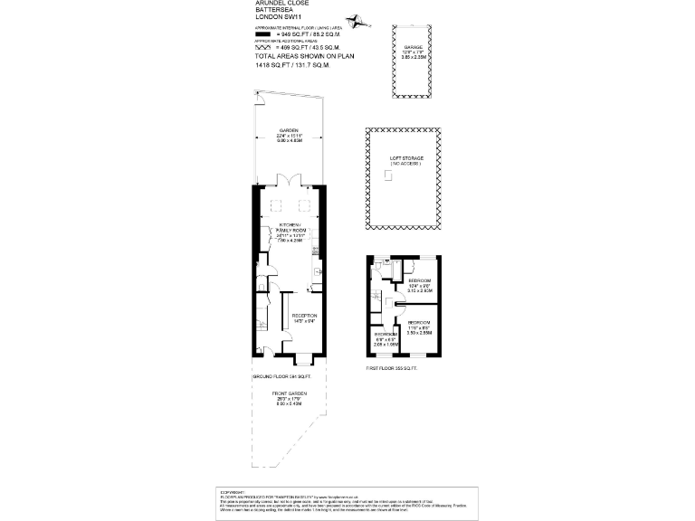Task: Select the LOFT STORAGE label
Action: tap(406, 159)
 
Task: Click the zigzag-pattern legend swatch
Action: tap(264, 46)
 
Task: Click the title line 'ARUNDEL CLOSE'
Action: tap(282, 4)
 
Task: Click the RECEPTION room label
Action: tap(303, 316)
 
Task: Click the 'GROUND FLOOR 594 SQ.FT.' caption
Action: tap(281, 375)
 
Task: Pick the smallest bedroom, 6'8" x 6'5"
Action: tap(386, 339)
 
